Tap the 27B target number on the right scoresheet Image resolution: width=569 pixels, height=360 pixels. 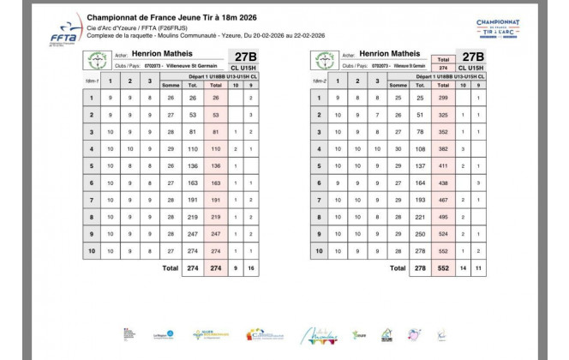(470, 56)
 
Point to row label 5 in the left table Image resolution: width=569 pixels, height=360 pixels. (92, 164)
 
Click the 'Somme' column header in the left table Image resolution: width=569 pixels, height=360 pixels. (171, 85)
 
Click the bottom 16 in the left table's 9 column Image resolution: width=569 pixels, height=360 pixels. (251, 267)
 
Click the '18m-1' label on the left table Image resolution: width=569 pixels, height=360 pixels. (92, 81)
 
